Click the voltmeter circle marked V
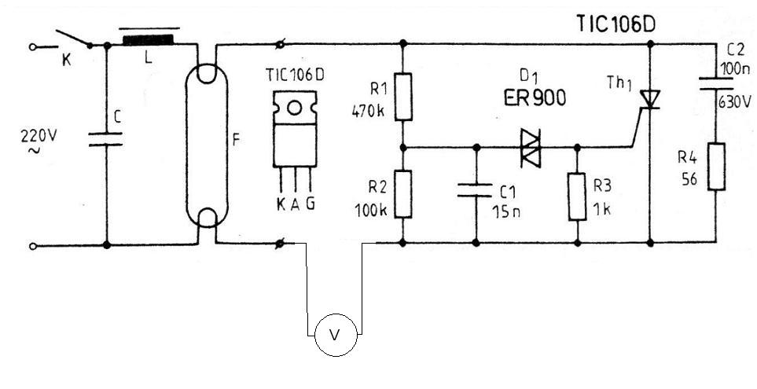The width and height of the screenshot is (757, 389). (x=336, y=333)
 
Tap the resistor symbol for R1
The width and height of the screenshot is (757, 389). (x=403, y=97)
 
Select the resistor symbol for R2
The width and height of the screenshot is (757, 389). (x=403, y=193)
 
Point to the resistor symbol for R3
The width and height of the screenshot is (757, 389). (x=578, y=197)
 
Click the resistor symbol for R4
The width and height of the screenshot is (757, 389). (x=716, y=167)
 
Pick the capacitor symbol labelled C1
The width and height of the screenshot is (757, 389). (x=476, y=189)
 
